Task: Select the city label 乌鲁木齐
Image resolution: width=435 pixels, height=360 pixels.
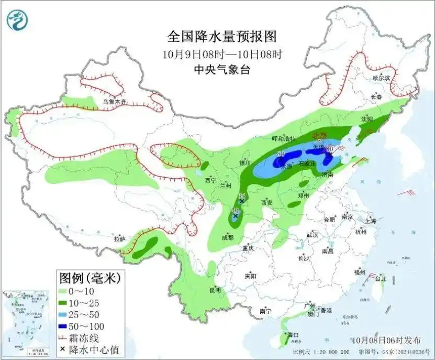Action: click(x=114, y=102)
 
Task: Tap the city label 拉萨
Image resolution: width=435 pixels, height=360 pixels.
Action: click(x=120, y=238)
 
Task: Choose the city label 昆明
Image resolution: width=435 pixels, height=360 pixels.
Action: click(x=215, y=290)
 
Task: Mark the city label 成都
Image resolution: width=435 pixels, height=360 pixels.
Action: click(x=227, y=237)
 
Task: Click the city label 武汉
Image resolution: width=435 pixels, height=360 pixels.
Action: click(x=313, y=234)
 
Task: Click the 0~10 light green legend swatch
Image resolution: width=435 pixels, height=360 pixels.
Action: click(x=66, y=291)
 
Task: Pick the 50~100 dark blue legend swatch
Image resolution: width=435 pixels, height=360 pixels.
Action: click(x=66, y=326)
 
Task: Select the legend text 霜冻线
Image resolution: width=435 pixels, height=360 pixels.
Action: click(x=89, y=338)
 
